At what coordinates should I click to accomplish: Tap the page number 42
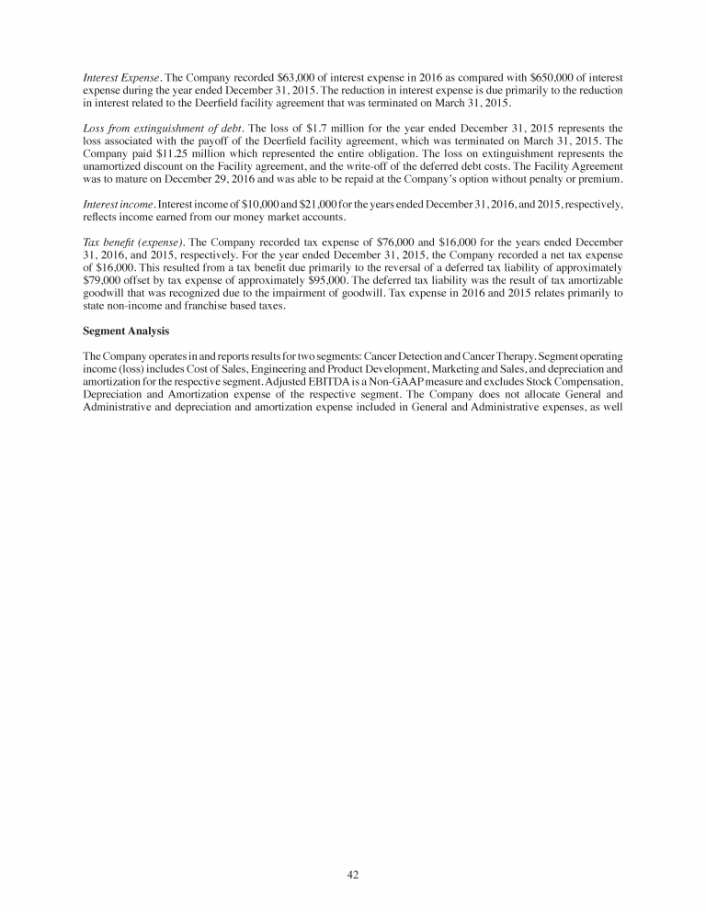click(x=353, y=874)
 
